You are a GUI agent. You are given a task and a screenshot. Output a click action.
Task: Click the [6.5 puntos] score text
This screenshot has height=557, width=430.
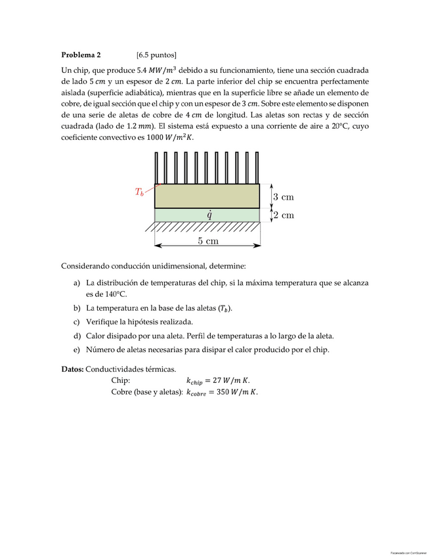156,55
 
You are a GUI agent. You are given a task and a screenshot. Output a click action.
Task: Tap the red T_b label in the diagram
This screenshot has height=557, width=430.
139,192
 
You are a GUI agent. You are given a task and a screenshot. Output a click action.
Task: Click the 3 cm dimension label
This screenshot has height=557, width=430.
283,196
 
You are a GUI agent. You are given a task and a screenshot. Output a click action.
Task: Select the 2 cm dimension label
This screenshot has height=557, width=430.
283,215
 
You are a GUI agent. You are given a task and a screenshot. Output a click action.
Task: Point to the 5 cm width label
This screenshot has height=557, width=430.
208,241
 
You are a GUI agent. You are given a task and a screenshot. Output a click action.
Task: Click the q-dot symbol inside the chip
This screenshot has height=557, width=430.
208,214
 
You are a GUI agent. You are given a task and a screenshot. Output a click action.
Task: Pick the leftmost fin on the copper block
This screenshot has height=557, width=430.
156,168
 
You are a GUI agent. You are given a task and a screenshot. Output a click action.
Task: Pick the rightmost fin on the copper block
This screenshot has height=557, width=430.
257,168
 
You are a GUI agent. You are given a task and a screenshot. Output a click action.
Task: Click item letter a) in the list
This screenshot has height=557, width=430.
77,283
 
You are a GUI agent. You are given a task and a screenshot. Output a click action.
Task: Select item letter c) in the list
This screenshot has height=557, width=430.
77,322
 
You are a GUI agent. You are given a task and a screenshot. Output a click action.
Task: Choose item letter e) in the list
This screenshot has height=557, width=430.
77,349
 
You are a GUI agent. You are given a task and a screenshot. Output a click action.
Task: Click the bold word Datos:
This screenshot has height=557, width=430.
72,369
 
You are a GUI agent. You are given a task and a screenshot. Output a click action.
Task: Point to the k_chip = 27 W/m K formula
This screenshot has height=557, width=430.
218,380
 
